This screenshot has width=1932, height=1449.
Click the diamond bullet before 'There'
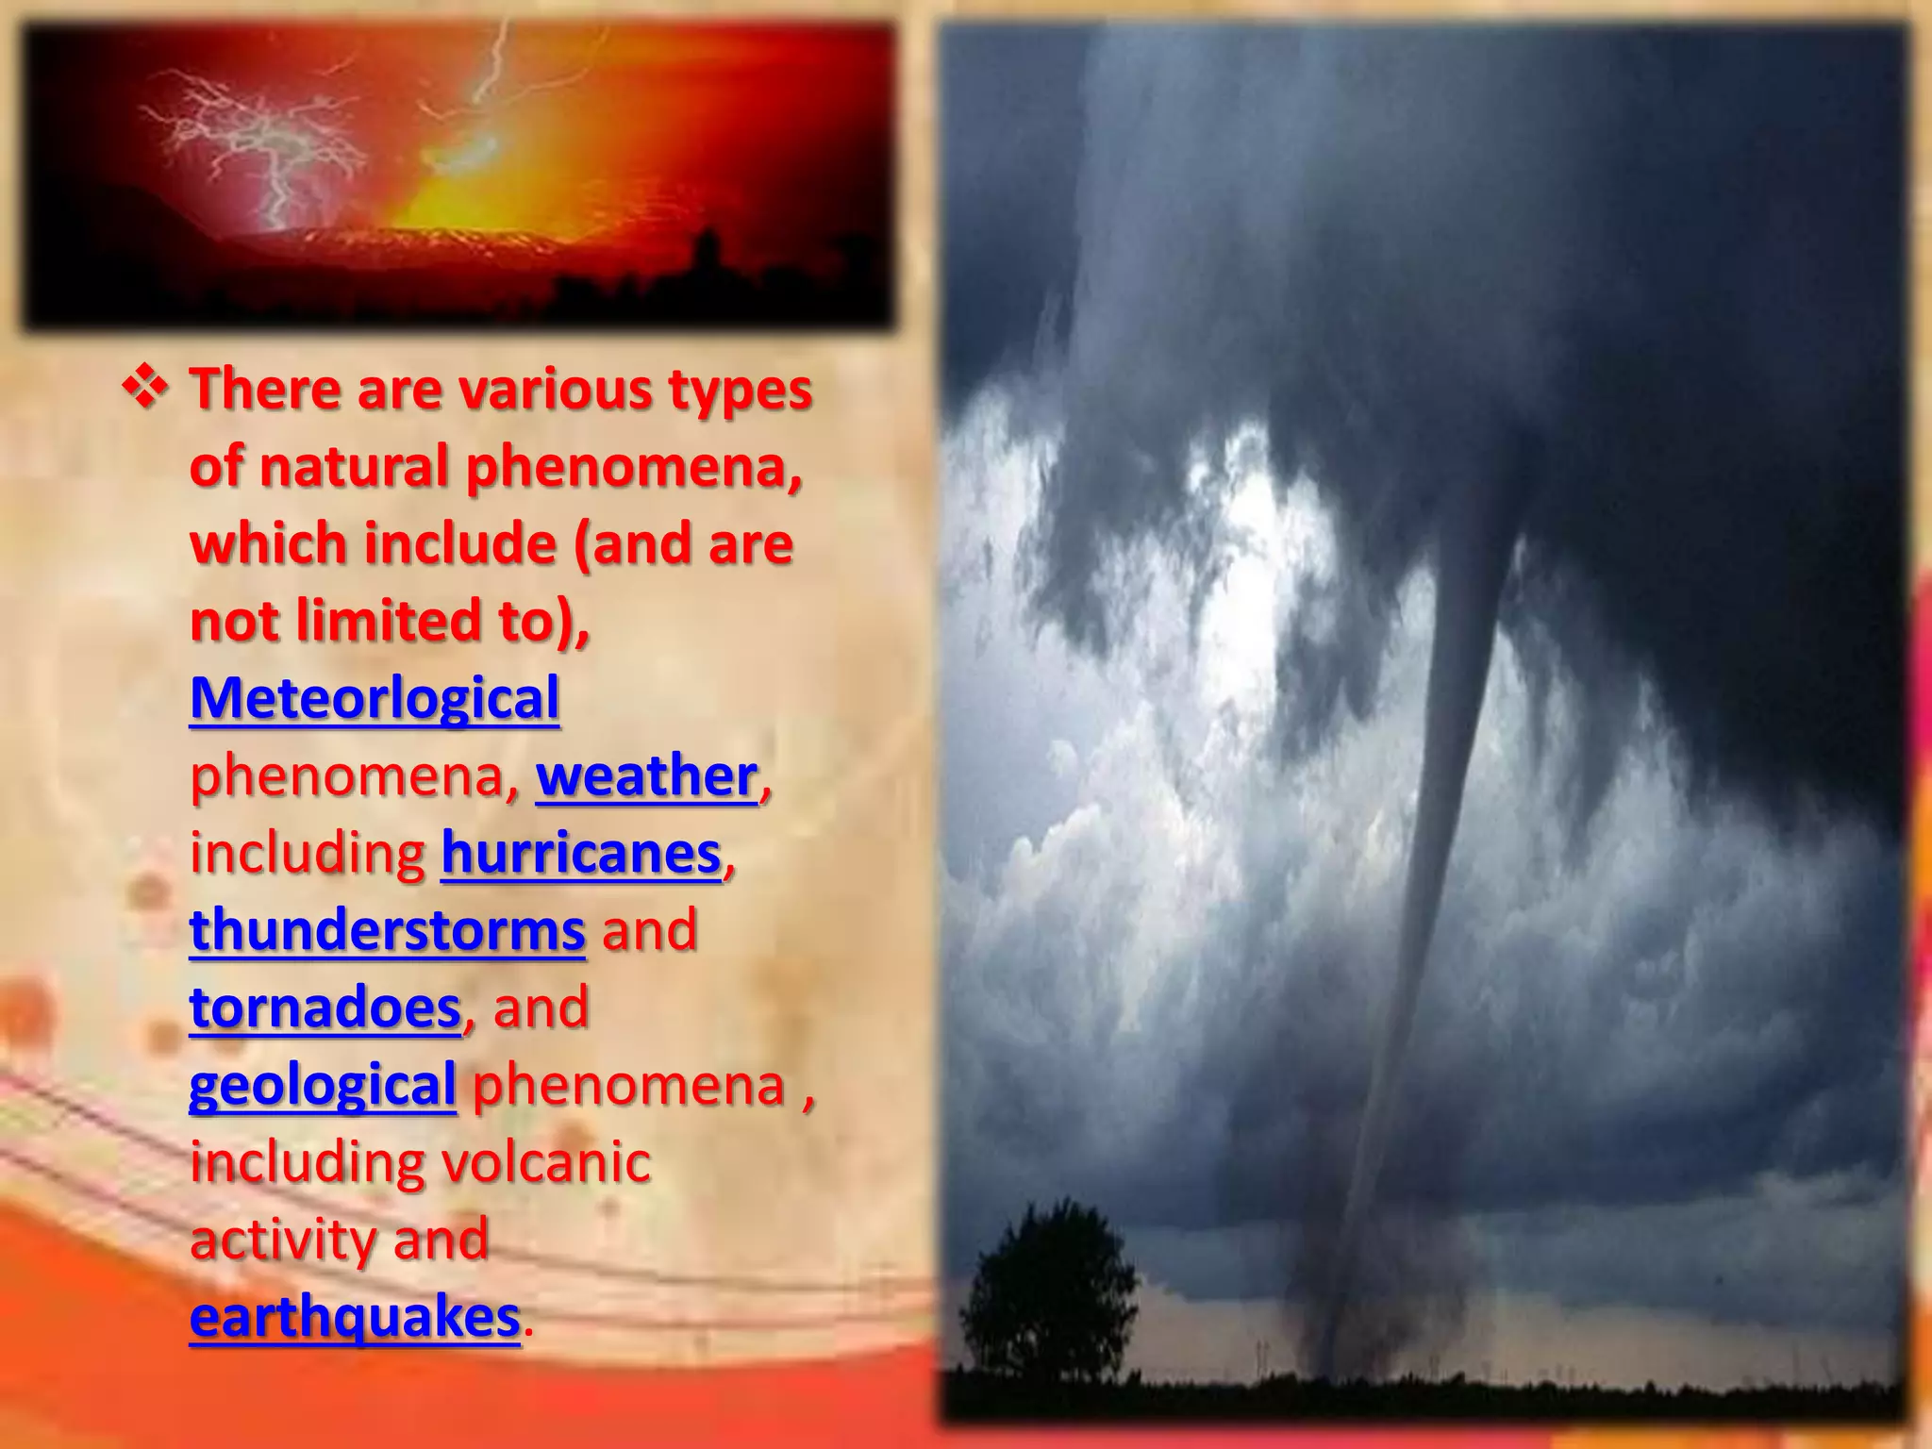146,389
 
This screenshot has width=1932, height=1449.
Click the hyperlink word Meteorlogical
375,699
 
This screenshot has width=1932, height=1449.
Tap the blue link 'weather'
646,776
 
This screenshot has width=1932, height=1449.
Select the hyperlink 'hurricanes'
581,854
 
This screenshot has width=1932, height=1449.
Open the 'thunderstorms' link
387,931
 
